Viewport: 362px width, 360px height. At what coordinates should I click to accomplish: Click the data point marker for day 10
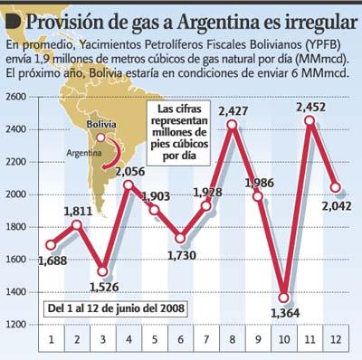click(283, 298)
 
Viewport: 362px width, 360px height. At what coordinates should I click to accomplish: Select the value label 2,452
click(311, 107)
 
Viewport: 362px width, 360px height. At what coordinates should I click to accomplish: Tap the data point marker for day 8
click(232, 124)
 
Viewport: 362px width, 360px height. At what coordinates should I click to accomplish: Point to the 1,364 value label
click(285, 313)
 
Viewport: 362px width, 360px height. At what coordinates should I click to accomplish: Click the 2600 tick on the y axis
click(16, 97)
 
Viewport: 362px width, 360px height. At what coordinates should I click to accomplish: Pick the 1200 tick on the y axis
click(16, 325)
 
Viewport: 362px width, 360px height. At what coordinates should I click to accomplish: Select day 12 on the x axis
click(336, 339)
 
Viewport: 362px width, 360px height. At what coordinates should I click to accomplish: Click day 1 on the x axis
click(52, 339)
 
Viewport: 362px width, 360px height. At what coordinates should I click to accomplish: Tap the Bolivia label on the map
click(101, 124)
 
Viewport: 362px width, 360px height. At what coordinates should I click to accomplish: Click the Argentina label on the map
click(84, 153)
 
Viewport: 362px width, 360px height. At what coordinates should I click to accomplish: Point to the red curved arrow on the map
click(117, 151)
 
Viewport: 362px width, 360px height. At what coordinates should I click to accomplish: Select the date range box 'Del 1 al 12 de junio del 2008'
click(116, 308)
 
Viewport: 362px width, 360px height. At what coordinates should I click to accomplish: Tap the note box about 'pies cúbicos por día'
click(180, 132)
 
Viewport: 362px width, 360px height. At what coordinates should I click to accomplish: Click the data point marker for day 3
click(103, 271)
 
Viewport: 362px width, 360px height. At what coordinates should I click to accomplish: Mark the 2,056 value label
click(130, 172)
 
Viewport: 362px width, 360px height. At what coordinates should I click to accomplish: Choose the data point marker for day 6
click(180, 238)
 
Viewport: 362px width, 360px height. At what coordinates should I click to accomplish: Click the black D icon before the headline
click(14, 22)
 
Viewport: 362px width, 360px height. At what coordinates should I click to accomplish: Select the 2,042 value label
click(337, 206)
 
